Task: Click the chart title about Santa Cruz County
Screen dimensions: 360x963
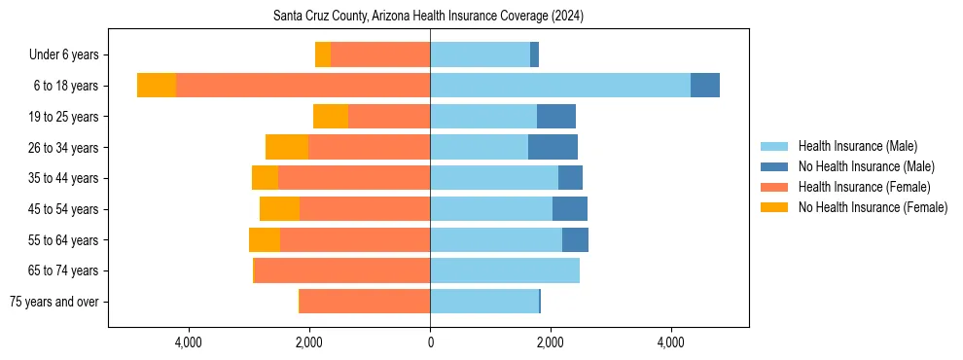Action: [429, 17]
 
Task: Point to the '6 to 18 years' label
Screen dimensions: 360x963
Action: [66, 86]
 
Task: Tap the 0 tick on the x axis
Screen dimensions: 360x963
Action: [430, 342]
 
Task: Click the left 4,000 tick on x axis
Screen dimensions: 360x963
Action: [188, 342]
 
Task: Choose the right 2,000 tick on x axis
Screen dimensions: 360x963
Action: [551, 342]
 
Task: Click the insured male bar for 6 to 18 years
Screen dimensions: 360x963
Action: [559, 86]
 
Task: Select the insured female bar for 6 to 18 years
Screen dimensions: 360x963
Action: [303, 86]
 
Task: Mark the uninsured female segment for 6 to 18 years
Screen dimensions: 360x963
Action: [157, 86]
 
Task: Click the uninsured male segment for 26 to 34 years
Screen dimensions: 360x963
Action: [553, 147]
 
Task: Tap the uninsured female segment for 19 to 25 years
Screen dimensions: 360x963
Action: [331, 117]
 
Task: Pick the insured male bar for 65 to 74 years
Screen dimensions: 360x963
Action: [504, 270]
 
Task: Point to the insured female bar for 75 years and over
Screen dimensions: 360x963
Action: [365, 302]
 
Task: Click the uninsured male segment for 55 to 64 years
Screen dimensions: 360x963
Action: [575, 239]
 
